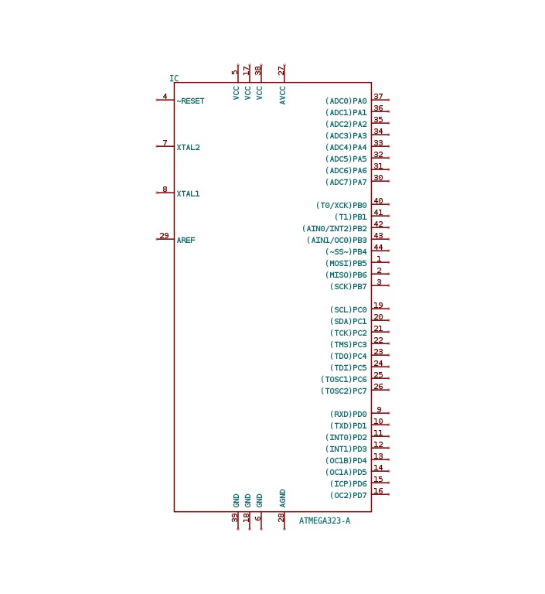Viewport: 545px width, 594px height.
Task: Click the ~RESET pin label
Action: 190,101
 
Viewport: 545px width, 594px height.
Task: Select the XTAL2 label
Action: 188,148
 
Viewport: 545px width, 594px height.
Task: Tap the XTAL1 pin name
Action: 188,193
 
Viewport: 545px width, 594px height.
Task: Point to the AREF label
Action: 186,241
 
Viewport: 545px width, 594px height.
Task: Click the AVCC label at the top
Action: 282,95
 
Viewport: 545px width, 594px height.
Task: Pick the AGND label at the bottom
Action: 282,499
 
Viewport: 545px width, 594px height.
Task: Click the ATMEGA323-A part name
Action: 325,521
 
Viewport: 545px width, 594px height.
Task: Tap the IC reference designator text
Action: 174,78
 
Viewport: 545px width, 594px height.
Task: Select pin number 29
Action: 164,236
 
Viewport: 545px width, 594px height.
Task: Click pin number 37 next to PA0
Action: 378,97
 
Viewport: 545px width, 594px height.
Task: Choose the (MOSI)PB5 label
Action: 346,263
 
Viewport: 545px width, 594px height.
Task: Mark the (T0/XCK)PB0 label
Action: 342,205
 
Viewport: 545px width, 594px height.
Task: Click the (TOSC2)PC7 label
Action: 344,391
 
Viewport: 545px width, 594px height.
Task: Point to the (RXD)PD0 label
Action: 349,414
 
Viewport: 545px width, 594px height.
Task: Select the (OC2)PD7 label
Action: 349,495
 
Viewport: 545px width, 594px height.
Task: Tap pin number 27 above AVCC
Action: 281,70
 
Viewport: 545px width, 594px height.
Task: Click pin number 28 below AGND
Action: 281,517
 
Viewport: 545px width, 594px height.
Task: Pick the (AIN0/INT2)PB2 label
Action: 335,228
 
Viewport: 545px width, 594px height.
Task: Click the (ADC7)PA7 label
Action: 346,183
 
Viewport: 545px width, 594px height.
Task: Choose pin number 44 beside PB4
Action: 378,247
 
